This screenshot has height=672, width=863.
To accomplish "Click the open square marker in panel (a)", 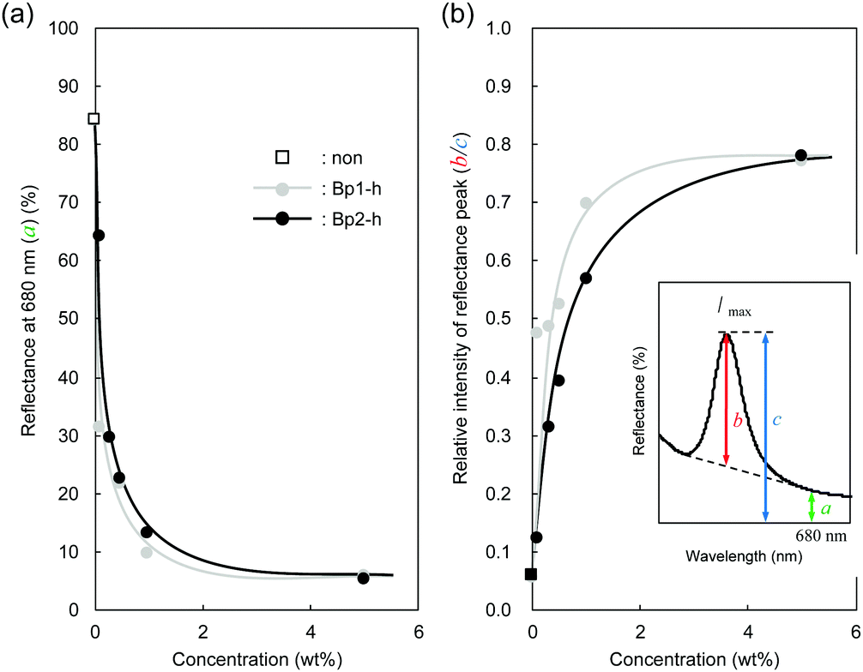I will pos(94,118).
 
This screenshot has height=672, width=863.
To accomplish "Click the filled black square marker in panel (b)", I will pos(531,574).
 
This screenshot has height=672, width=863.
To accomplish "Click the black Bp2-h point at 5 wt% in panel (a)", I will pos(364,578).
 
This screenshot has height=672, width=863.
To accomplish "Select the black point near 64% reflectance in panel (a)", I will pos(98,235).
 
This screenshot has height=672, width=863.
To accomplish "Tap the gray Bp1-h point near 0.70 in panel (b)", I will pos(586,203).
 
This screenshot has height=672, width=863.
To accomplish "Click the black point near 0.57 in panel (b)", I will pos(586,279).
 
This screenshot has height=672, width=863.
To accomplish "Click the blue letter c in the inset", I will pos(776,422).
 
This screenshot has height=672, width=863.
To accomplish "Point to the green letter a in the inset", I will pos(825,509).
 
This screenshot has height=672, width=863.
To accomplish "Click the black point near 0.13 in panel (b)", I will pos(536,537).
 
